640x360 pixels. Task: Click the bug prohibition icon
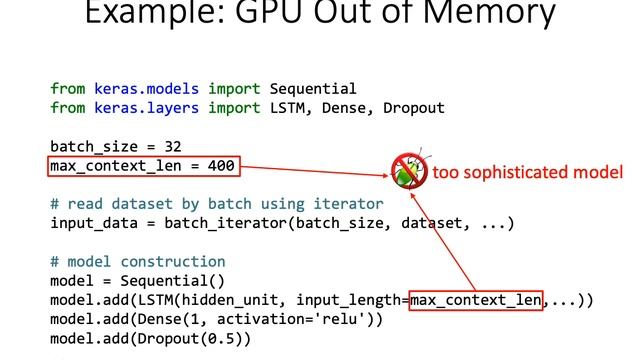click(408, 171)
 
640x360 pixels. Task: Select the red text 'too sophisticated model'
click(527, 172)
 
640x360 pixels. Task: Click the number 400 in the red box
click(221, 165)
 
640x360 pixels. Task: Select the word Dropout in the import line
click(413, 108)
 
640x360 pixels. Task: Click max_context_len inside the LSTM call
click(476, 299)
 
